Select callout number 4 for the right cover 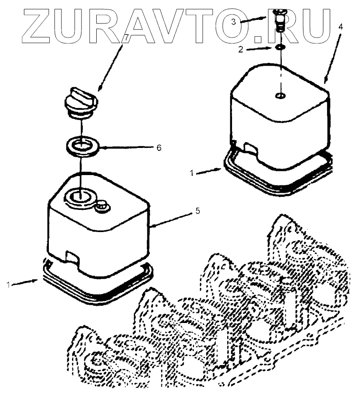340,27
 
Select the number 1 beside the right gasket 192,173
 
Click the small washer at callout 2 280,47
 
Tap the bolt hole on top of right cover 280,96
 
